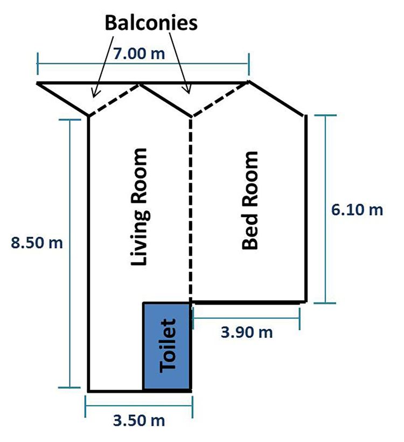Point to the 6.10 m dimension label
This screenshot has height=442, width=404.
[x=357, y=210]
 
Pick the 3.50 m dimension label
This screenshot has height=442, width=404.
[x=139, y=419]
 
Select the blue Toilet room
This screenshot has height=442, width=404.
[x=166, y=346]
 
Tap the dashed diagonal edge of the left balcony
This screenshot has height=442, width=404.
[x=114, y=100]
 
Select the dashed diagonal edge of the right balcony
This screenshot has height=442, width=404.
[x=220, y=99]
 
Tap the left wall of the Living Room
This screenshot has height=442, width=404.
[x=88, y=253]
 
